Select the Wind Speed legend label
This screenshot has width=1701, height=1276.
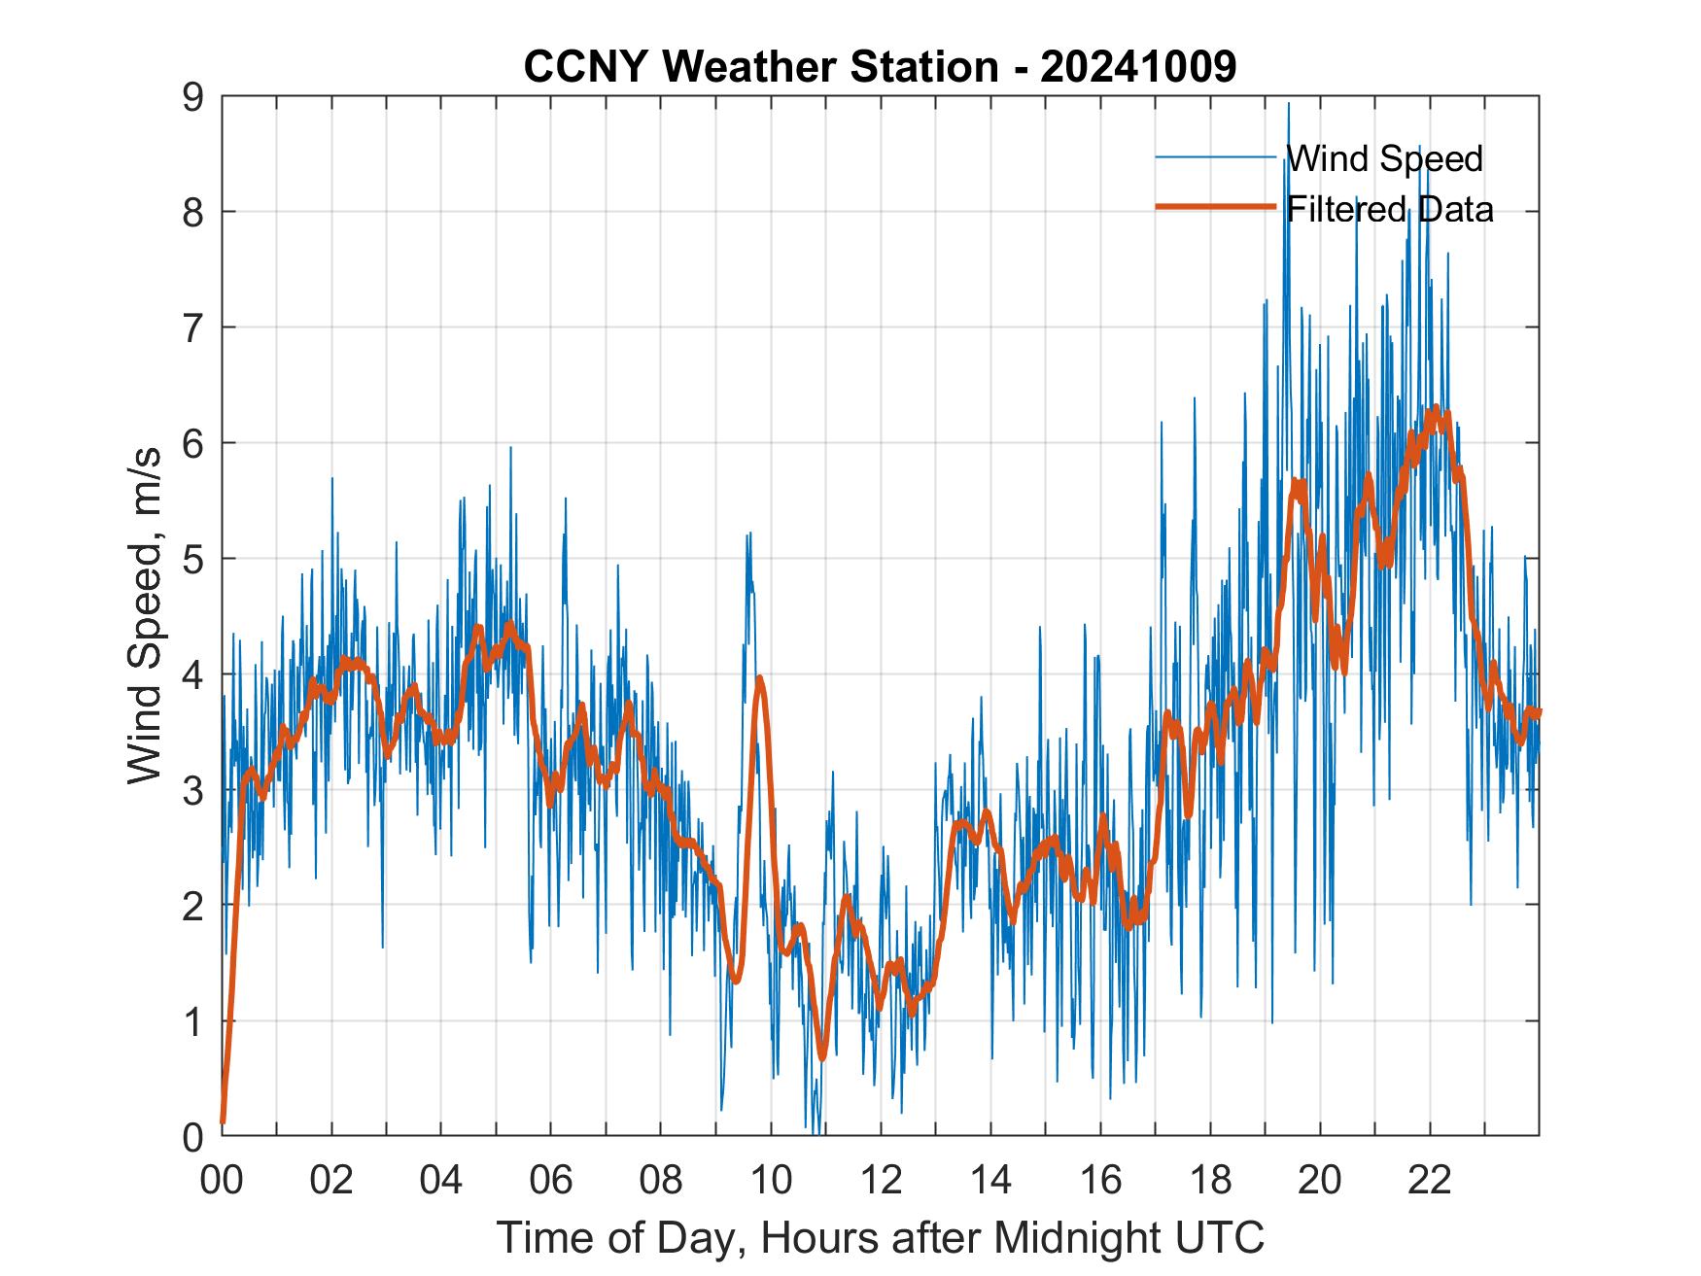[x=1384, y=158]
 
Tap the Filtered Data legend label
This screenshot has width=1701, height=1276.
[x=1390, y=209]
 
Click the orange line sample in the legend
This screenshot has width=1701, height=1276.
[x=1215, y=207]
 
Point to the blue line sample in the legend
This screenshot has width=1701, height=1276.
[x=1215, y=157]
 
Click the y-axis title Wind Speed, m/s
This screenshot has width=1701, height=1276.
[x=146, y=617]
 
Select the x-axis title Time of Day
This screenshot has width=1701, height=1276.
[x=880, y=1238]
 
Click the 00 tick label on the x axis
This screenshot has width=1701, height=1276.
[x=222, y=1180]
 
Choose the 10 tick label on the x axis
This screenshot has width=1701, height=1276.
[x=771, y=1180]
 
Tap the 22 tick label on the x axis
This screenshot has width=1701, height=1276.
[x=1430, y=1180]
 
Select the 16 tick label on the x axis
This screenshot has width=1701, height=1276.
[x=1100, y=1180]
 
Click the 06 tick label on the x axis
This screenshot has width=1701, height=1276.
[x=551, y=1180]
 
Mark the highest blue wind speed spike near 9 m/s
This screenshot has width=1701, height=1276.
[x=1289, y=104]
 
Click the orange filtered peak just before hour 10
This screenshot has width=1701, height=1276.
[x=759, y=678]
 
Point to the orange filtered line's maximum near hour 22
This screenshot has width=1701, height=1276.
[x=1435, y=408]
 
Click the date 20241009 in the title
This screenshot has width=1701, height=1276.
[x=1138, y=67]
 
